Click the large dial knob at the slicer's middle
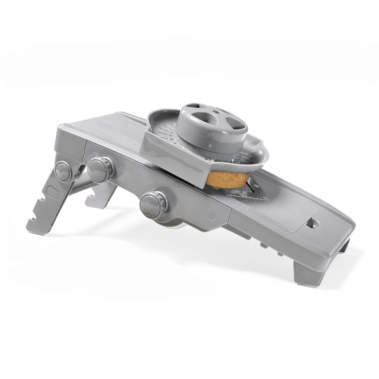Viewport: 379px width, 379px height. point(151,204)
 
